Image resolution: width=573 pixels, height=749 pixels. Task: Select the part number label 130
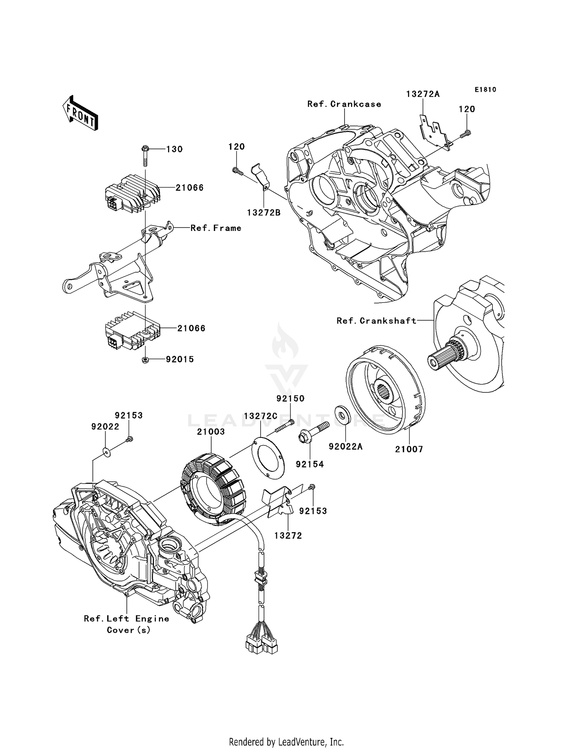tap(175, 149)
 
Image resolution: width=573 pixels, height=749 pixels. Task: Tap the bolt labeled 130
tap(146, 155)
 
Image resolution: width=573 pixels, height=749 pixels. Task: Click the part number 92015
tap(180, 359)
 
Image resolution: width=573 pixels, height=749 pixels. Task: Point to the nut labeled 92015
tap(145, 360)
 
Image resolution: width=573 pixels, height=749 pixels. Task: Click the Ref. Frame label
tap(216, 228)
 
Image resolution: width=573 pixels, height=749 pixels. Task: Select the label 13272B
tap(264, 213)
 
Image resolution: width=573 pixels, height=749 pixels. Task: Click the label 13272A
tap(423, 94)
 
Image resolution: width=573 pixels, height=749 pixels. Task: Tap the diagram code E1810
tap(486, 89)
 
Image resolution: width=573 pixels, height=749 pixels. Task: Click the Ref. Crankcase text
tap(344, 104)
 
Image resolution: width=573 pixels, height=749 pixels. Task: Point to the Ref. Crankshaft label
tap(376, 321)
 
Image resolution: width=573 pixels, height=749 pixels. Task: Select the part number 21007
tap(409, 449)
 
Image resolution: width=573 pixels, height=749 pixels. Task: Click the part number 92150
tap(290, 399)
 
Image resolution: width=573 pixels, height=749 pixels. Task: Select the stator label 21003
tap(211, 432)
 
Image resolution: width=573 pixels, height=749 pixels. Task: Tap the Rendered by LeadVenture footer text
tap(286, 742)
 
